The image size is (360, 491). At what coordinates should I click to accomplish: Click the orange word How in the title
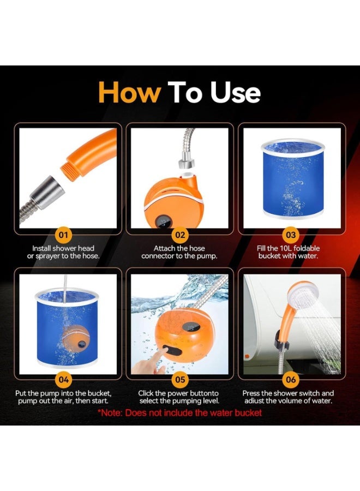pyautogui.click(x=129, y=92)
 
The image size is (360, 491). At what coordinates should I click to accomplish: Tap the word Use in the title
pyautogui.click(x=235, y=92)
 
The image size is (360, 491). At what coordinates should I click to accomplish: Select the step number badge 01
pyautogui.click(x=64, y=235)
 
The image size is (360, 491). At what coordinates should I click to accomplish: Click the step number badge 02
pyautogui.click(x=180, y=235)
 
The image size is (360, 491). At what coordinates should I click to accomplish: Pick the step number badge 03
pyautogui.click(x=291, y=235)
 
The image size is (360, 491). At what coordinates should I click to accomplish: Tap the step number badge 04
pyautogui.click(x=64, y=380)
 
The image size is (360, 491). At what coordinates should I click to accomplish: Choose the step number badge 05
pyautogui.click(x=180, y=380)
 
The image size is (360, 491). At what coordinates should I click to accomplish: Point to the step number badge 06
pyautogui.click(x=291, y=380)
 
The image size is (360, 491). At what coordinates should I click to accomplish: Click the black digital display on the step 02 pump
pyautogui.click(x=164, y=222)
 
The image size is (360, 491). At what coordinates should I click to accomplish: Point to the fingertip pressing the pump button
pyautogui.click(x=163, y=351)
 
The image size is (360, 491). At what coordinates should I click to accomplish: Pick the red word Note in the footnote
pyautogui.click(x=111, y=413)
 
